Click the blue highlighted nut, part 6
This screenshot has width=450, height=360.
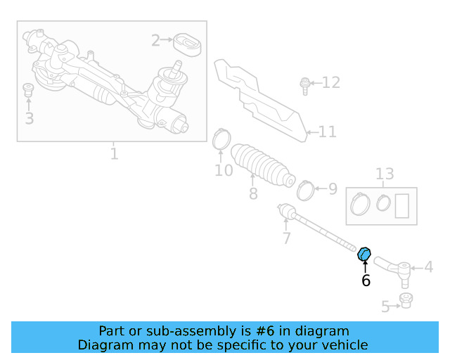click(364, 254)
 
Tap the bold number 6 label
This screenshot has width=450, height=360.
click(366, 281)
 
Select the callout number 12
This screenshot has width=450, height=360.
click(330, 83)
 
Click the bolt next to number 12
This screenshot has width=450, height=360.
click(304, 85)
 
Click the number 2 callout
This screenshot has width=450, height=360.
click(155, 41)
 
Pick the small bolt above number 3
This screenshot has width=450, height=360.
click(29, 89)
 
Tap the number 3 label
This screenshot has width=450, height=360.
click(29, 118)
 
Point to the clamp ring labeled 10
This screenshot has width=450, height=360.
click(221, 139)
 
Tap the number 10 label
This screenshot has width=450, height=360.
click(224, 171)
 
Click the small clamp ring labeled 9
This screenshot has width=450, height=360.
click(306, 188)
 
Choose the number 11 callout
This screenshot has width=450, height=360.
click(327, 131)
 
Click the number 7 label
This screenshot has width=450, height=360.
click(286, 238)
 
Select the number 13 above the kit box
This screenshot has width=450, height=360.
click(385, 174)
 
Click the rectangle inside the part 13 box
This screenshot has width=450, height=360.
click(403, 206)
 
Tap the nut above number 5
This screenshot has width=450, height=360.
click(405, 301)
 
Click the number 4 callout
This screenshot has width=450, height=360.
click(428, 267)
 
